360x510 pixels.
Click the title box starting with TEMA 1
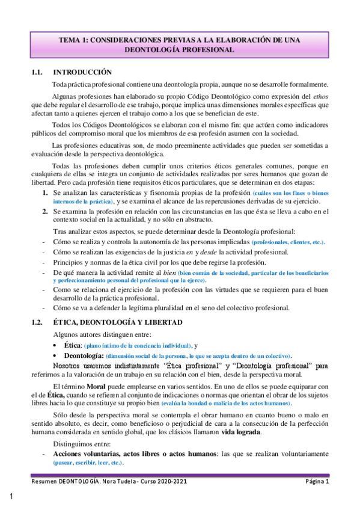[180, 44]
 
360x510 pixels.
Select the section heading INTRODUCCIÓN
[83, 72]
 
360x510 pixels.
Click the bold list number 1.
[44, 192]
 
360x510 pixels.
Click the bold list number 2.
[44, 211]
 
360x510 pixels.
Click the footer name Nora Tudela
[114, 482]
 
